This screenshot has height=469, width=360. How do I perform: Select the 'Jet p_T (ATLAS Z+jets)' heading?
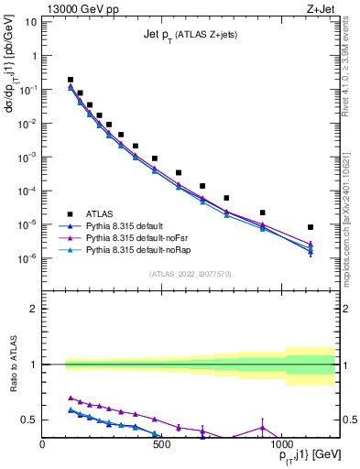tap(192, 35)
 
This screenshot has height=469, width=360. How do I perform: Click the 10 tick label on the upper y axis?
tap(30, 21)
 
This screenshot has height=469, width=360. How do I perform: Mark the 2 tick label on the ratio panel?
tap(33, 309)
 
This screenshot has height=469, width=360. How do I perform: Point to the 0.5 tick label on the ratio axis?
tap(27, 420)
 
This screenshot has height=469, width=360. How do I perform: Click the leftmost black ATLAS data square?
tap(71, 80)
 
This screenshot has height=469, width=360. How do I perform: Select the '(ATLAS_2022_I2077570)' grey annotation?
tap(191, 274)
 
